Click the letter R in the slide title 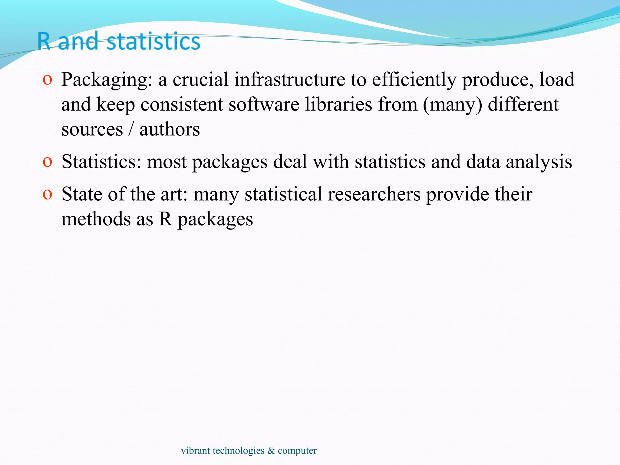click(44, 41)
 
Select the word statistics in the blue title click(153, 41)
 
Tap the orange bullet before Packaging click(47, 80)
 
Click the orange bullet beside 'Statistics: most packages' click(47, 162)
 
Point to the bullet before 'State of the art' click(47, 194)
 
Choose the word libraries click(338, 104)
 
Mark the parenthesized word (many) click(452, 105)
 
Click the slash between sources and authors click(131, 130)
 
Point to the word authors click(170, 130)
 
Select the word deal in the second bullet click(290, 162)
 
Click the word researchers click(374, 194)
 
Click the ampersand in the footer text click(271, 450)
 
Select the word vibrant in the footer click(195, 450)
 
